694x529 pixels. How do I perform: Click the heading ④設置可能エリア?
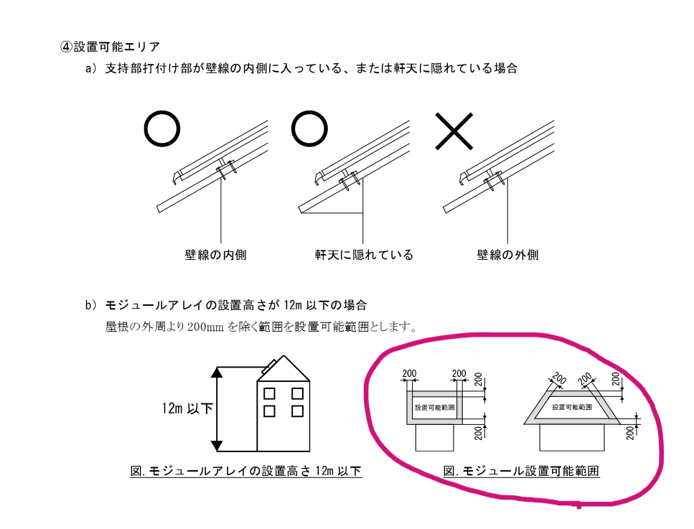110,47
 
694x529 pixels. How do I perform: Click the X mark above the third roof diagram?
454,131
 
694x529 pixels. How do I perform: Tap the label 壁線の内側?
215,255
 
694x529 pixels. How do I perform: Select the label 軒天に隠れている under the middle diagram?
364,255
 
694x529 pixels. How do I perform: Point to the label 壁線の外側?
507,255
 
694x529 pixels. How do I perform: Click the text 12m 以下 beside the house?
187,408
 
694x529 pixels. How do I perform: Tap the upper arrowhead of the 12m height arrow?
217,373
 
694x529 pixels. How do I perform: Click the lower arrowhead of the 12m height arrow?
217,446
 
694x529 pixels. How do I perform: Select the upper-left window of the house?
269,393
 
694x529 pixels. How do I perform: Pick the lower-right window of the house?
297,411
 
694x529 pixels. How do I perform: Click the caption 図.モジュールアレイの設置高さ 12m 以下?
246,471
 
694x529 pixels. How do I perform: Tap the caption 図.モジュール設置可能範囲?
521,471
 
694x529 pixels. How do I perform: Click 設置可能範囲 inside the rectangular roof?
435,407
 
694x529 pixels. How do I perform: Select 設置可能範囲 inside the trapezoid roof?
572,407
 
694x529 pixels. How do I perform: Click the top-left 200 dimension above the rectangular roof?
409,374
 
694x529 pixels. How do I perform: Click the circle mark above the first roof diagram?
162,128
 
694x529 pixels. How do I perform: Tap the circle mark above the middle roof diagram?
309,128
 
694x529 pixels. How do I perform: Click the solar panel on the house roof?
269,367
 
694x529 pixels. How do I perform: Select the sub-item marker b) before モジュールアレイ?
90,305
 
